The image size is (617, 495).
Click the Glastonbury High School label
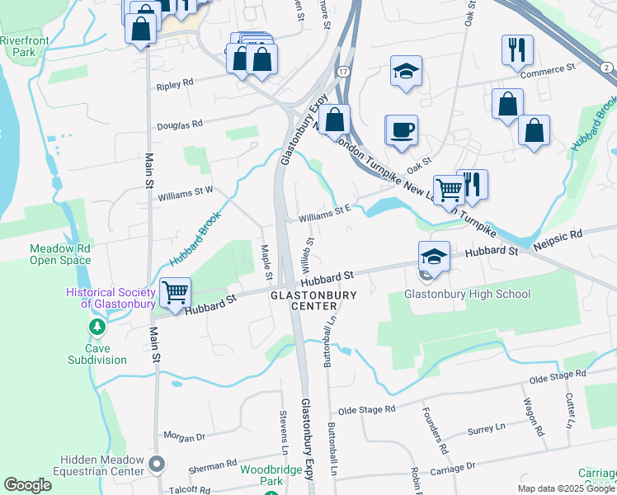click(467, 295)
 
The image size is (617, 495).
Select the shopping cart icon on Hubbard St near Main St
click(176, 292)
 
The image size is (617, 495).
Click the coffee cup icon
click(402, 130)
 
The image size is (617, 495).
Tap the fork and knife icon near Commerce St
click(516, 49)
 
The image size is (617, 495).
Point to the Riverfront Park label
click(26, 45)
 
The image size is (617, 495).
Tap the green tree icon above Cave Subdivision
click(97, 328)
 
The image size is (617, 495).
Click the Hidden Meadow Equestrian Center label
click(102, 466)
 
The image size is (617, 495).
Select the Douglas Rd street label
click(179, 124)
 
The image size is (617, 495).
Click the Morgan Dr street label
click(183, 437)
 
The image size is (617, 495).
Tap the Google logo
click(28, 485)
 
